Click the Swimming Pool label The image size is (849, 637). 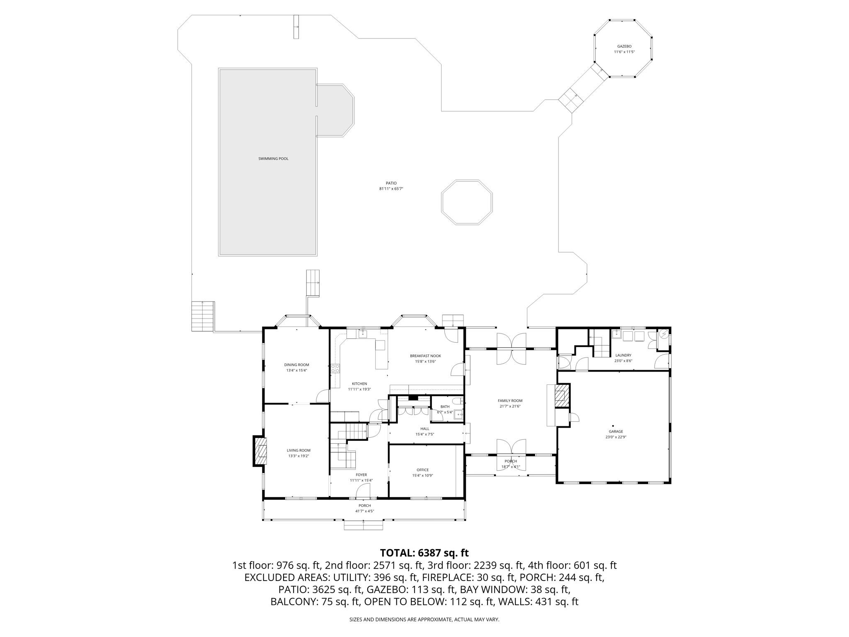point(273,159)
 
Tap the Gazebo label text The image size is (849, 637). point(624,46)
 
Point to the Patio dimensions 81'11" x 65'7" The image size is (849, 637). point(391,189)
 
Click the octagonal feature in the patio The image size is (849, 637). point(467,180)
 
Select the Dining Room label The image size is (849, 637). point(296,365)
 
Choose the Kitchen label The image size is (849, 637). point(359,384)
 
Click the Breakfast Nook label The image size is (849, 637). point(425,356)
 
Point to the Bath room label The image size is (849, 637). point(445,406)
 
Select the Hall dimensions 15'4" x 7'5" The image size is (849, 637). point(425,434)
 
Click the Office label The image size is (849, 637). point(423,470)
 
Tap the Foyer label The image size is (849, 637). point(361,475)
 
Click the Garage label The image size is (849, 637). point(616,431)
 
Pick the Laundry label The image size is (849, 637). point(623,355)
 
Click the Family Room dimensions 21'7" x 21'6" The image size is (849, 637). point(510,406)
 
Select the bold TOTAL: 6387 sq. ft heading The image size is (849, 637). point(424,553)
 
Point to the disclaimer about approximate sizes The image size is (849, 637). point(424,620)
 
